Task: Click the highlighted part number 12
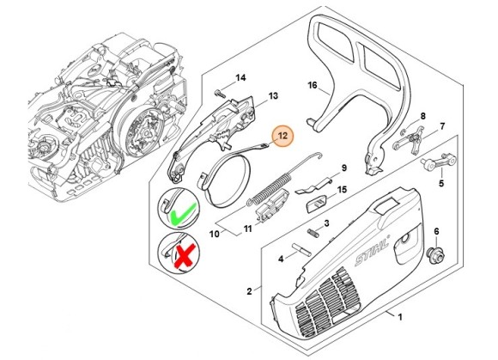click(282, 135)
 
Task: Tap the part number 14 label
click(240, 78)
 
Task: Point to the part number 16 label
click(313, 85)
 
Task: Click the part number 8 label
click(423, 115)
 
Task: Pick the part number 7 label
click(442, 126)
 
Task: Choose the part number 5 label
click(441, 182)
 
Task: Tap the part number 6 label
click(436, 231)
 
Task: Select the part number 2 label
click(249, 291)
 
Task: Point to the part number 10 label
click(214, 232)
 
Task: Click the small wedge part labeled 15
click(315, 204)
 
